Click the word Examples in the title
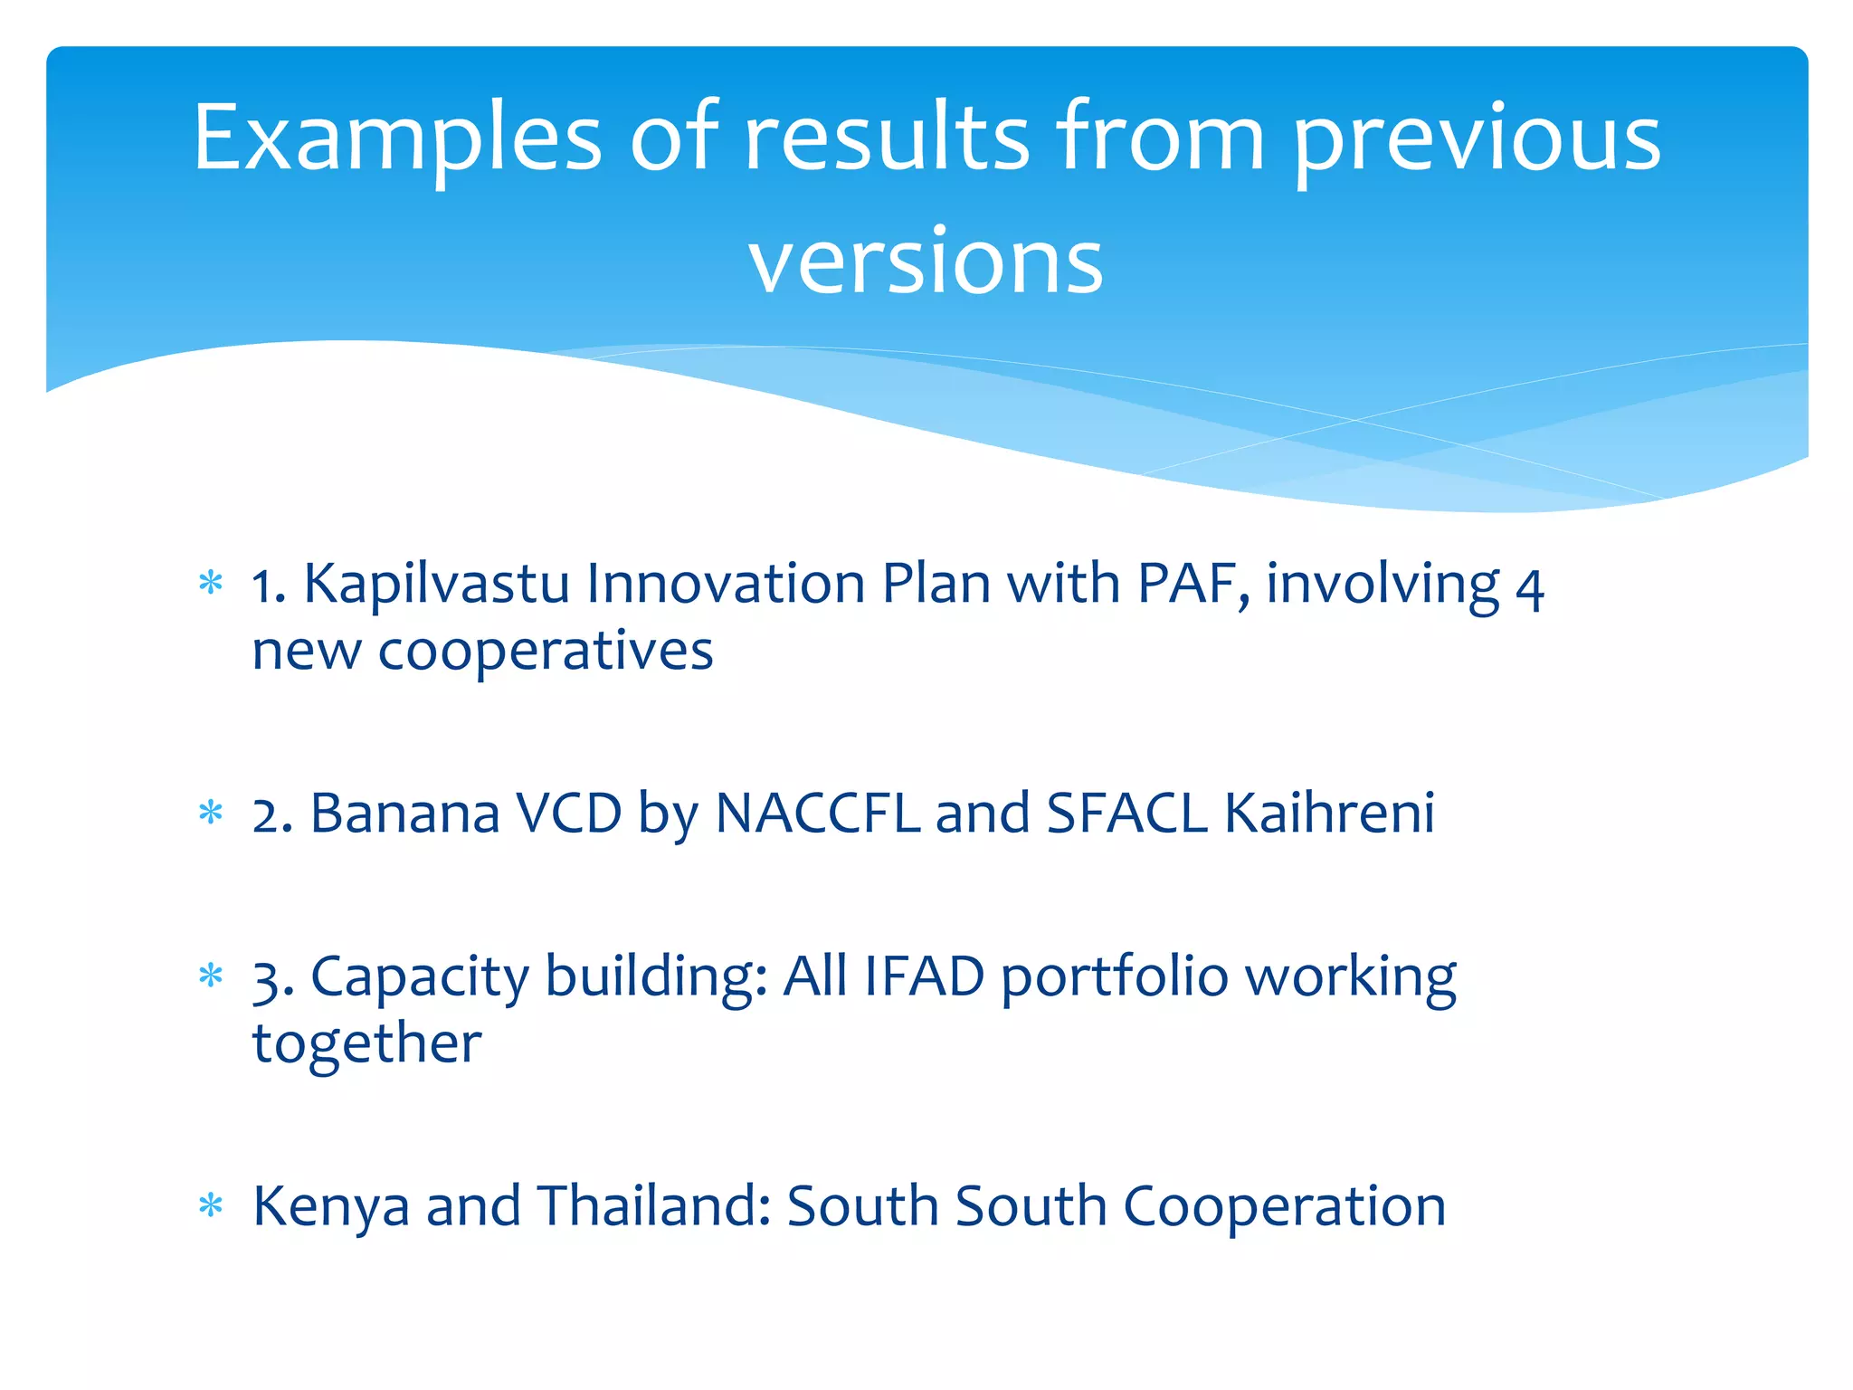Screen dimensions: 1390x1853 coord(396,138)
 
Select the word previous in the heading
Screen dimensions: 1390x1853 coord(1477,138)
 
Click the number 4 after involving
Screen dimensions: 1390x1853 coord(1529,588)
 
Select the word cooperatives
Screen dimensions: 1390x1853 coord(546,651)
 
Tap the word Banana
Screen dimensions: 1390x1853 coord(405,813)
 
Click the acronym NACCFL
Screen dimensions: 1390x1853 coord(817,813)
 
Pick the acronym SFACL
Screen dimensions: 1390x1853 coord(1126,813)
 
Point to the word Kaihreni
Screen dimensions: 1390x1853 coord(1328,813)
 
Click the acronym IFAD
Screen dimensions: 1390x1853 coord(924,976)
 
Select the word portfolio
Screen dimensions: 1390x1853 coord(1115,976)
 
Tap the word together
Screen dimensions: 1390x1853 coord(366,1043)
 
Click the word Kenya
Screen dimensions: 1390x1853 coord(330,1206)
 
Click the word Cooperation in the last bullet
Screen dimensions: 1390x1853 coord(1284,1206)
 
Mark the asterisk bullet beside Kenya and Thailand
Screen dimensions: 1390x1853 coord(211,1206)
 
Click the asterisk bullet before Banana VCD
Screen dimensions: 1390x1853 coord(211,813)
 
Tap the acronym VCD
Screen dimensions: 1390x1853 coord(568,813)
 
